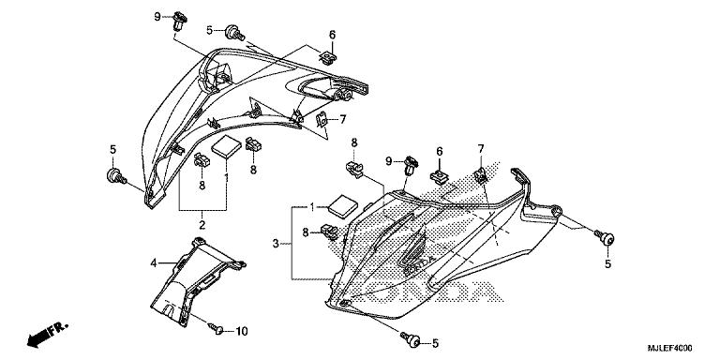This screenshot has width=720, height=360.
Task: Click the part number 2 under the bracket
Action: [202, 225]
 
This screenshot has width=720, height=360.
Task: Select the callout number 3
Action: [276, 244]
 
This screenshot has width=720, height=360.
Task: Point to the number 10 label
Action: [241, 330]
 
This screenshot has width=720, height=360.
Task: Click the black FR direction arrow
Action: [37, 335]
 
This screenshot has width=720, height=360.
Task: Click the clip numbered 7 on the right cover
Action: [481, 174]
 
